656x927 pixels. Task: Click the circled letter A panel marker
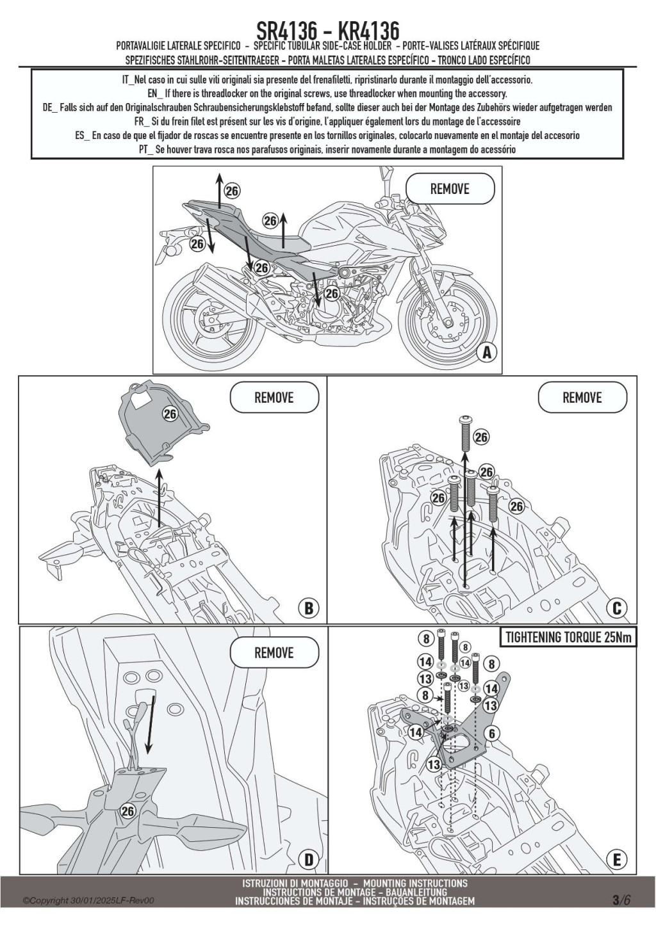pos(486,351)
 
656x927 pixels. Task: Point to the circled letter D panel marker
pos(308,859)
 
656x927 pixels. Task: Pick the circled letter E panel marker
pos(617,859)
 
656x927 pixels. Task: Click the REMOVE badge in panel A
pos(450,189)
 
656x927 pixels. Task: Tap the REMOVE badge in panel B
pos(274,398)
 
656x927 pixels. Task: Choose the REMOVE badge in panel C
pos(582,398)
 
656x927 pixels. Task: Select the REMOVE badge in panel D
pos(274,653)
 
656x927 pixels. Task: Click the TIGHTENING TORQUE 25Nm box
pos(568,638)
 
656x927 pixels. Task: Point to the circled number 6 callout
pos(491,734)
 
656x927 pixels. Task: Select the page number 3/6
pos(621,899)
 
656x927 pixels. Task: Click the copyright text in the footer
pos(88,901)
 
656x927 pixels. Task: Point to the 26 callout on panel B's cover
pos(169,414)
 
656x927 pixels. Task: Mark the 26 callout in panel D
pos(127,811)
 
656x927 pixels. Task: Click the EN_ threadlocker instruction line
pos(327,93)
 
